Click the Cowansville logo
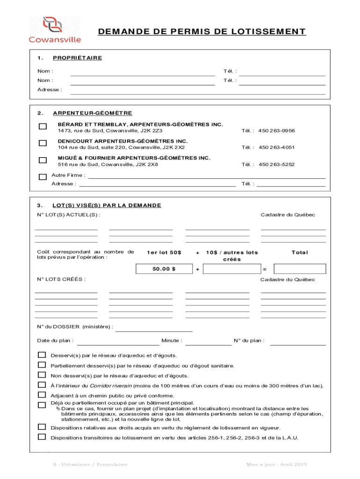click(55, 30)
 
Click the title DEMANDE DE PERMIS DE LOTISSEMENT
click(202, 32)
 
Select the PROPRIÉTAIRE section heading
click(77, 58)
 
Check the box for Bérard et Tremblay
click(43, 127)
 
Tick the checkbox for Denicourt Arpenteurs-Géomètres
click(43, 143)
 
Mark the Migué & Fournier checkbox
click(43, 160)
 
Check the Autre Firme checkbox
click(43, 177)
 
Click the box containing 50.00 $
click(164, 269)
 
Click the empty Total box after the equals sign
click(299, 269)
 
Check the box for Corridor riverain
click(42, 385)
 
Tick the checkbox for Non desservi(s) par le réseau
click(42, 375)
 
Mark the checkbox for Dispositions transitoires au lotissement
click(42, 437)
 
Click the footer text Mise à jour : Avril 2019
click(276, 464)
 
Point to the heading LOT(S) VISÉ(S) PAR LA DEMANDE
click(107, 205)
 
